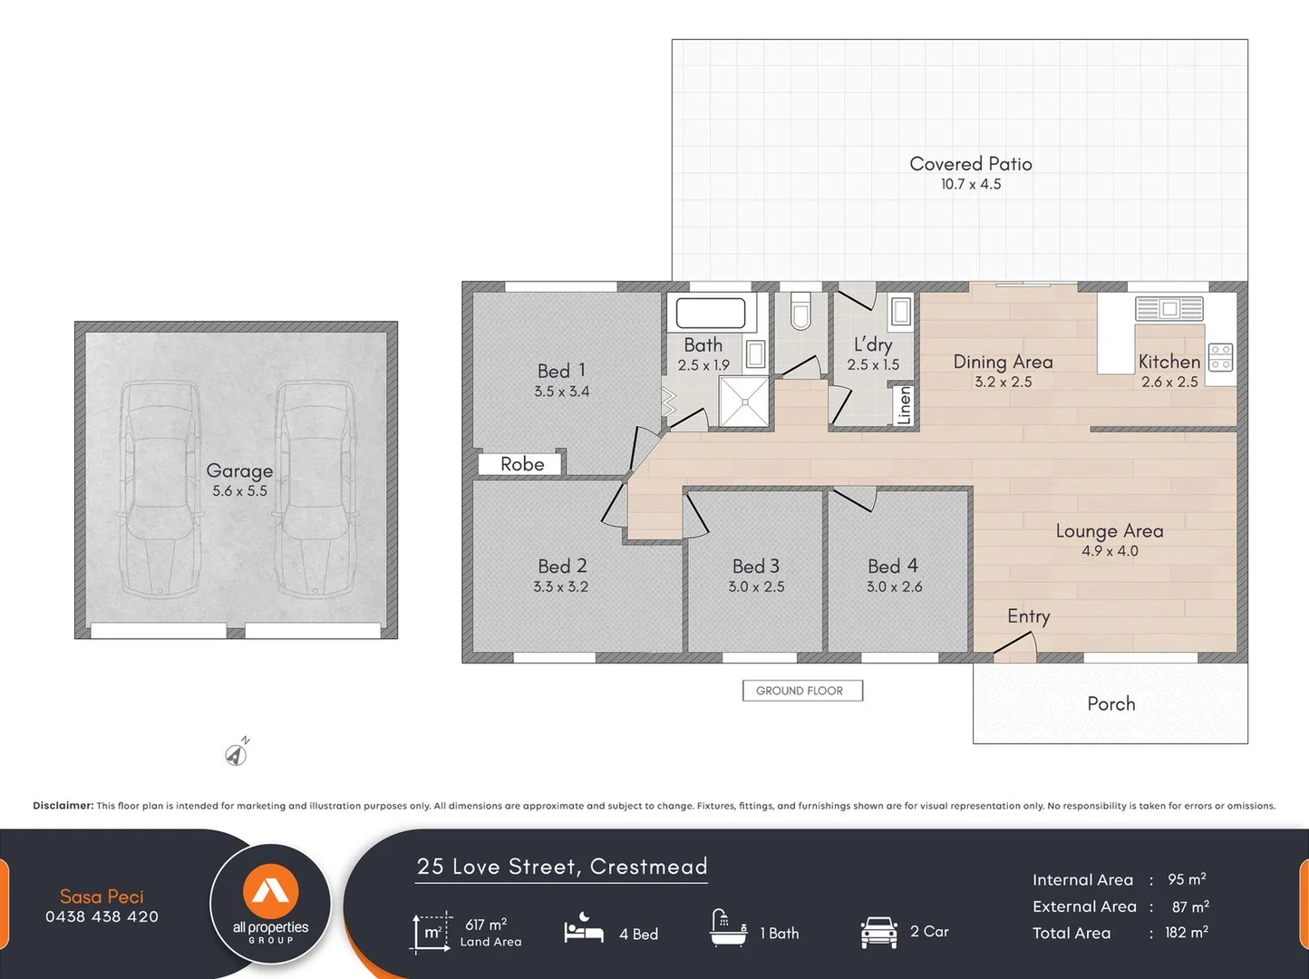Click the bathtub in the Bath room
pos(711,313)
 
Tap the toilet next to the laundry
pos(801,310)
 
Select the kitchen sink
pos(1168,309)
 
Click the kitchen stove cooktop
pos(1220,357)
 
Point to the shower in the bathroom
pos(744,402)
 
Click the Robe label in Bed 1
pos(522,464)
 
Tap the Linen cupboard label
pos(904,405)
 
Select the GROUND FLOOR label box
pos(802,691)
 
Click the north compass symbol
pos(237,753)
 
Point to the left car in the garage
pos(160,489)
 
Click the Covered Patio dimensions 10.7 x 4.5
pos(971,184)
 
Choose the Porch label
pos(1111,703)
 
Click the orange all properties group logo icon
pos(271,891)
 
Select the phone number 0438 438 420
pos(102,916)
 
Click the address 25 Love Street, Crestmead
pos(562,867)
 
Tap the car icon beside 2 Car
pos(879,932)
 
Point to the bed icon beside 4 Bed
pos(584,928)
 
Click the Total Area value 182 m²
pos(1186,932)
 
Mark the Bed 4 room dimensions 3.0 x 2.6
pos(894,586)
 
